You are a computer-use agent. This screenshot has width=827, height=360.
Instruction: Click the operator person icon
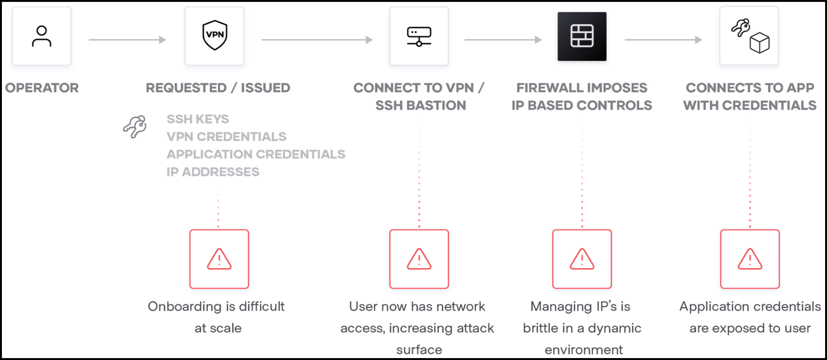coord(42,36)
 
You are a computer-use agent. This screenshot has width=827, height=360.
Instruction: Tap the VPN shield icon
coord(215,35)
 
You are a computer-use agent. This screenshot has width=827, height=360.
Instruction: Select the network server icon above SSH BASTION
coord(419,36)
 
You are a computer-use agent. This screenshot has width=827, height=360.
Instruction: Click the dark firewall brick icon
coord(582,36)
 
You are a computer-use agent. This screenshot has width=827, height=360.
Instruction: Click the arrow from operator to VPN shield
coord(127,40)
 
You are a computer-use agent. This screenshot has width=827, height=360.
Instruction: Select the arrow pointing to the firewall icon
coord(503,40)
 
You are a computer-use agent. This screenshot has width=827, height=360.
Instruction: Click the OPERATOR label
coord(42,88)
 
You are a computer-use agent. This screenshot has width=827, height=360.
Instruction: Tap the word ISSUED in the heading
coord(265,88)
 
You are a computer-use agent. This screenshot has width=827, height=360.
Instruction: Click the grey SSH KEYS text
coord(198,119)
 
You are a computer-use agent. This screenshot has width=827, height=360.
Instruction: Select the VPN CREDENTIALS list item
coord(226,136)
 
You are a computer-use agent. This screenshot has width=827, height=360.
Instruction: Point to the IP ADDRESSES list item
coord(213,172)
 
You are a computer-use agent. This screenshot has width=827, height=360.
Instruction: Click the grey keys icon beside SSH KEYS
coord(135,126)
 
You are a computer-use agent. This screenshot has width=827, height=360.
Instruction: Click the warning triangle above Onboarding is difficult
coord(219,259)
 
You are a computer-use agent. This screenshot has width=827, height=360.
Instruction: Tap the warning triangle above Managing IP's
coord(582,259)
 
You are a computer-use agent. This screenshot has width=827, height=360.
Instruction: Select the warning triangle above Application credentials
coord(750,259)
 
